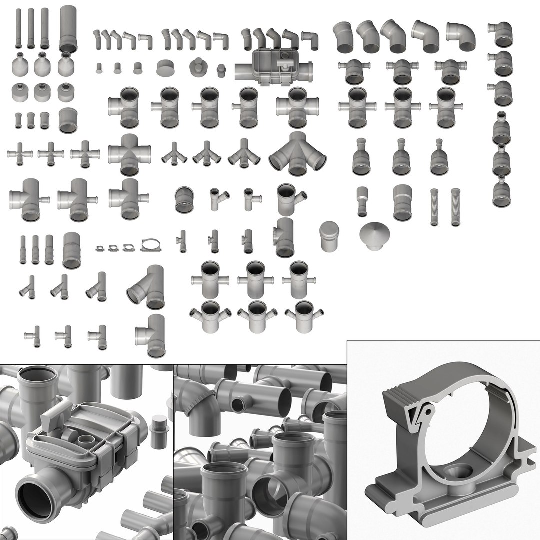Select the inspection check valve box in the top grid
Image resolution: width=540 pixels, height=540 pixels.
tap(274, 65)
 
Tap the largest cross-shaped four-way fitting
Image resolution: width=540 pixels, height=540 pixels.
tap(129, 154)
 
